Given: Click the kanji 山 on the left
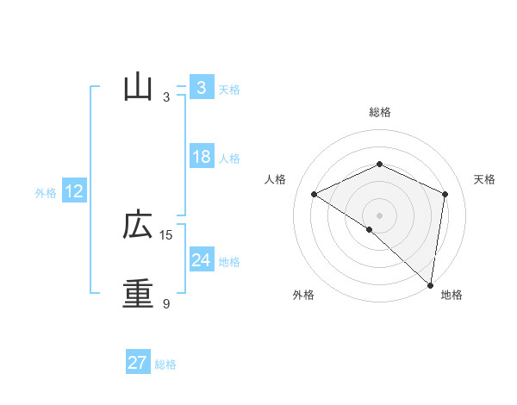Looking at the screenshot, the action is (139, 88).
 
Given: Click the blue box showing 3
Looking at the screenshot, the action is (201, 88).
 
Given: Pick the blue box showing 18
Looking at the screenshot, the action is (201, 157).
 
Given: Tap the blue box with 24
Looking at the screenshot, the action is (201, 259).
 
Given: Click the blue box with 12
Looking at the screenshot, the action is (74, 192).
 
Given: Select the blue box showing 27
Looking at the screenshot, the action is (138, 363).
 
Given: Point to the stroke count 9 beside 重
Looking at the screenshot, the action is (166, 304).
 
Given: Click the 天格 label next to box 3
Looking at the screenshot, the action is (229, 90).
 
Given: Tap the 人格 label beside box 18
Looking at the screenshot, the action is (229, 159).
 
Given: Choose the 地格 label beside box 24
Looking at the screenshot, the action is (229, 262).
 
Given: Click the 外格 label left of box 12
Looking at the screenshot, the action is (46, 193).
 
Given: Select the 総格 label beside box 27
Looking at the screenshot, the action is (165, 364).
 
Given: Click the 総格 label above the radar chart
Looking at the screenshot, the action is (379, 112).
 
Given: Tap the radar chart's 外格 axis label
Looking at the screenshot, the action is (303, 296).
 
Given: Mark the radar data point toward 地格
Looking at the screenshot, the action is (430, 284).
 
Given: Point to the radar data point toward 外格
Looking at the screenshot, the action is (369, 230).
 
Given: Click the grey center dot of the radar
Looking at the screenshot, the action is (379, 215).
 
